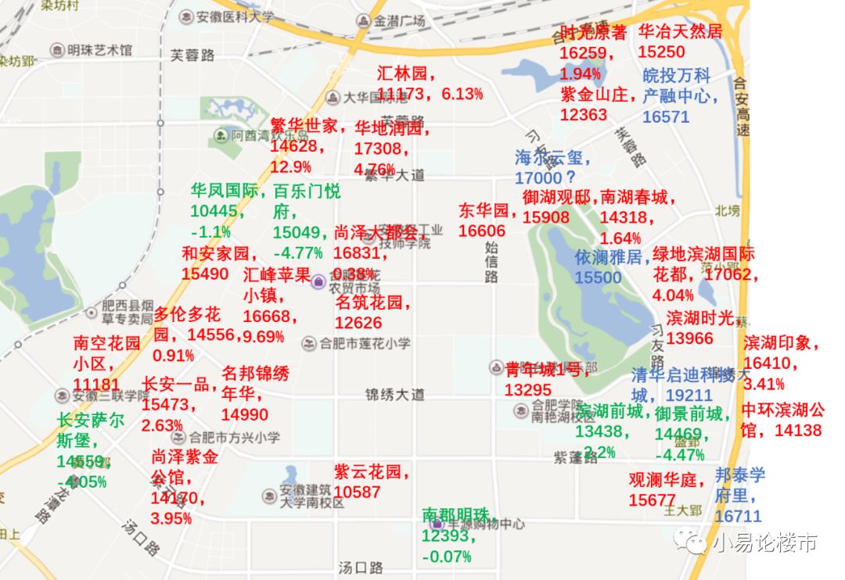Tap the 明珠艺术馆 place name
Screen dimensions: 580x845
point(99,50)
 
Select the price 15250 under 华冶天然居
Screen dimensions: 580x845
point(661,52)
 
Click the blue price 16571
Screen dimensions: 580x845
point(666,116)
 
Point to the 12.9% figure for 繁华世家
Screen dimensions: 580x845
point(291,166)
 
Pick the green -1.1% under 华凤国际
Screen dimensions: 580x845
point(210,231)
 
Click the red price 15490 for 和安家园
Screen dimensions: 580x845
point(205,274)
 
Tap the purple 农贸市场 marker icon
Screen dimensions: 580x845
point(318,282)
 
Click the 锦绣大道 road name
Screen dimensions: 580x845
point(395,394)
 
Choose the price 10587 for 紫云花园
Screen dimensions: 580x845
point(357,492)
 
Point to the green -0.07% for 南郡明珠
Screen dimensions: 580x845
point(447,557)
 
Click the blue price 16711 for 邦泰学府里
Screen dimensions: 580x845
point(738,516)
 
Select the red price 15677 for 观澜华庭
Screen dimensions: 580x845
point(652,500)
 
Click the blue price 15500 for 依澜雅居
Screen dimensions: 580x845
point(598,277)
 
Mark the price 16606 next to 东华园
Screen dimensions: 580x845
point(482,231)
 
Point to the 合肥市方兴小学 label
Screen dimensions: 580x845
point(234,437)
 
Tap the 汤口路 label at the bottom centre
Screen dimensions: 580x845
point(361,567)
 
